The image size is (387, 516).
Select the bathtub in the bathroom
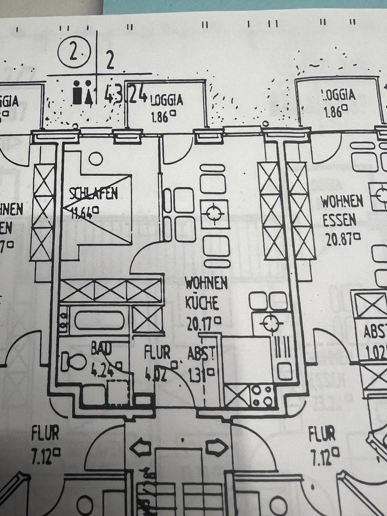pos(99,321)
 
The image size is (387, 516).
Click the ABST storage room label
pos(202,354)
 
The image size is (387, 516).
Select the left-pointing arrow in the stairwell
pos(141,446)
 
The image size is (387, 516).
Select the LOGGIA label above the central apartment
pos(167,101)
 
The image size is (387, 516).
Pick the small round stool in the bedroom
pos(96,159)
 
